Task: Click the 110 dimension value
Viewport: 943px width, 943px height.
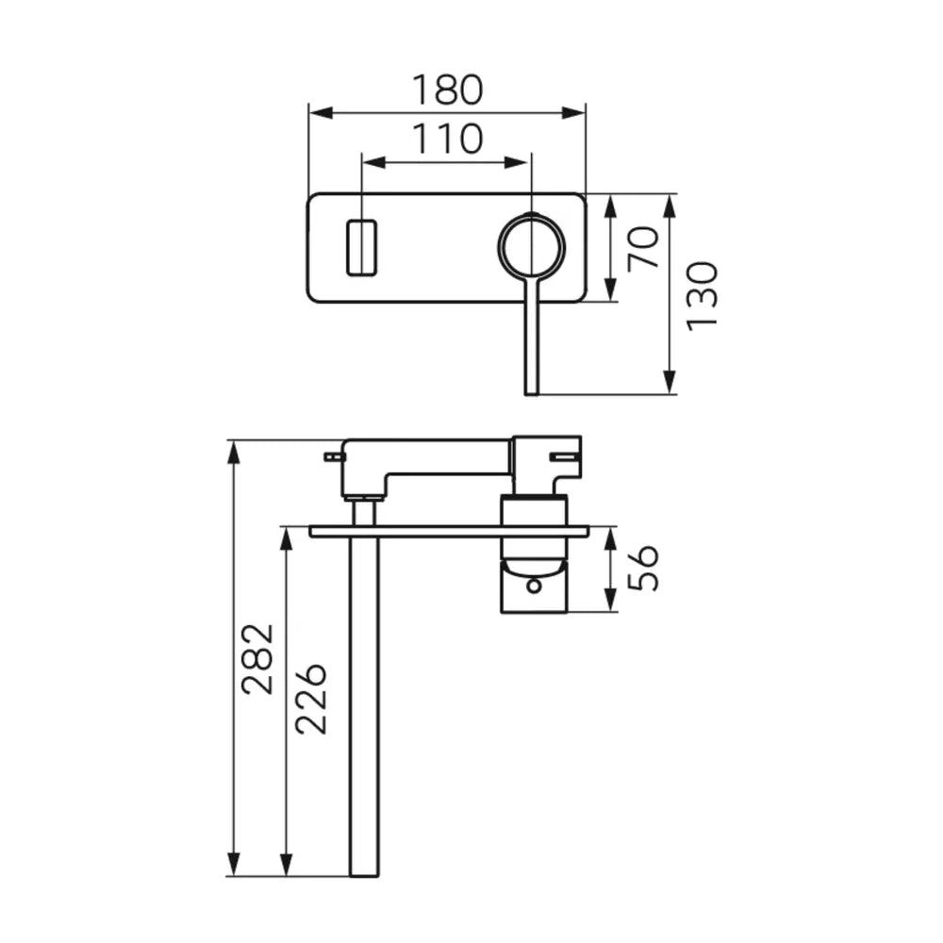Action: [x=447, y=139]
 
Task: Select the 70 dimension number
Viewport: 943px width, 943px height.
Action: [x=643, y=248]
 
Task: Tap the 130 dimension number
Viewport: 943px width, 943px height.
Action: [x=703, y=295]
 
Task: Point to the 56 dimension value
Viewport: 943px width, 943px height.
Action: [x=643, y=569]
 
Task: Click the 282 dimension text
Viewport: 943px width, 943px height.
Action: [x=257, y=659]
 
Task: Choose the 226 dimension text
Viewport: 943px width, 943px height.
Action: [x=311, y=699]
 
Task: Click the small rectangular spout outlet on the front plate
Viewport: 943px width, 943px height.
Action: [x=361, y=248]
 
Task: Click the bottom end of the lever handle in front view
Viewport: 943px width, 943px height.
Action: [x=532, y=394]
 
